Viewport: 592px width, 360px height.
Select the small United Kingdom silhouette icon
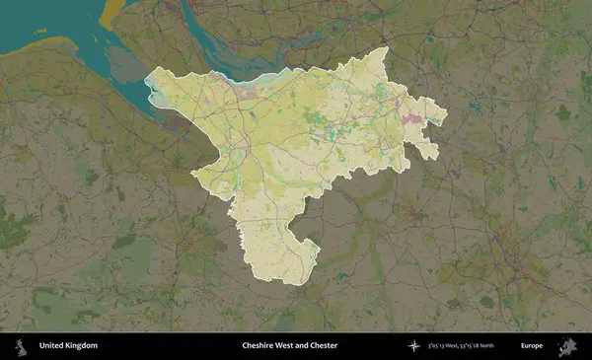point(20,346)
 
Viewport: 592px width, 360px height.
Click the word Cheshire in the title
point(261,346)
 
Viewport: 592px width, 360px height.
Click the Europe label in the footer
point(532,346)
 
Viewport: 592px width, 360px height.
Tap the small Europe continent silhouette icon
point(569,346)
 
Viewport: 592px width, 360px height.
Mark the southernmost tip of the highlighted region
point(295,284)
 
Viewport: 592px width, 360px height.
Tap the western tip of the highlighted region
point(147,83)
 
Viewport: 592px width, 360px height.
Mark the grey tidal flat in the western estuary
point(128,64)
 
